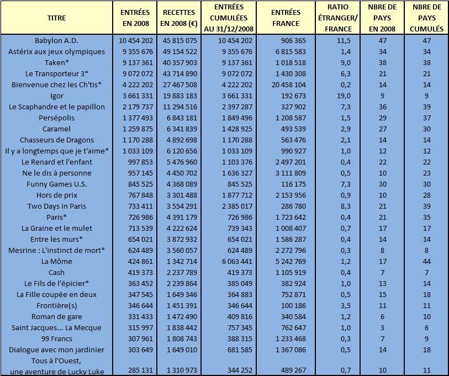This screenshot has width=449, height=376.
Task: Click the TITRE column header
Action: (56, 18)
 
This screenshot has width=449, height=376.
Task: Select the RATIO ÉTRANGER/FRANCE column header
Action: (337, 18)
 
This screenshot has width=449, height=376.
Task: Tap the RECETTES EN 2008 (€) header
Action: (179, 18)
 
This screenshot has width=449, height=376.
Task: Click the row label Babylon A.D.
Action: (56, 40)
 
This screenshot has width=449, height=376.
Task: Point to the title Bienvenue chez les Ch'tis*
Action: (56, 85)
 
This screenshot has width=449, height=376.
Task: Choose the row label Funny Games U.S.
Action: (56, 184)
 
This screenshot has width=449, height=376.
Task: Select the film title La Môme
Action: (56, 262)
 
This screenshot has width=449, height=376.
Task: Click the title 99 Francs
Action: (56, 339)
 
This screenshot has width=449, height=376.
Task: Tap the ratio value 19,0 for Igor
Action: (344, 96)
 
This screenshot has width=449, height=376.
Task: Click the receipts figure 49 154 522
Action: (180, 51)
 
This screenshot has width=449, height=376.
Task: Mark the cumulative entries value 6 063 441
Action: (237, 262)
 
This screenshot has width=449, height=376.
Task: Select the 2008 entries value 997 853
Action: (140, 162)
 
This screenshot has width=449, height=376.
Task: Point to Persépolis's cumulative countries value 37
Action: (427, 118)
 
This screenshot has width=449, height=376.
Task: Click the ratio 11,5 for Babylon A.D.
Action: (344, 40)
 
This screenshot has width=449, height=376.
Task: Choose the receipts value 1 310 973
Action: (182, 370)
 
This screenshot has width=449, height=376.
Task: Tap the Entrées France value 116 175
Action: (293, 184)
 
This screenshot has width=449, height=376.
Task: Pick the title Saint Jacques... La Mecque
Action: (56, 327)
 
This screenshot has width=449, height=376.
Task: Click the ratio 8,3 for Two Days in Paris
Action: (346, 206)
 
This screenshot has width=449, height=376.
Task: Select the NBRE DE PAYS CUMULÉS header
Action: (427, 18)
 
